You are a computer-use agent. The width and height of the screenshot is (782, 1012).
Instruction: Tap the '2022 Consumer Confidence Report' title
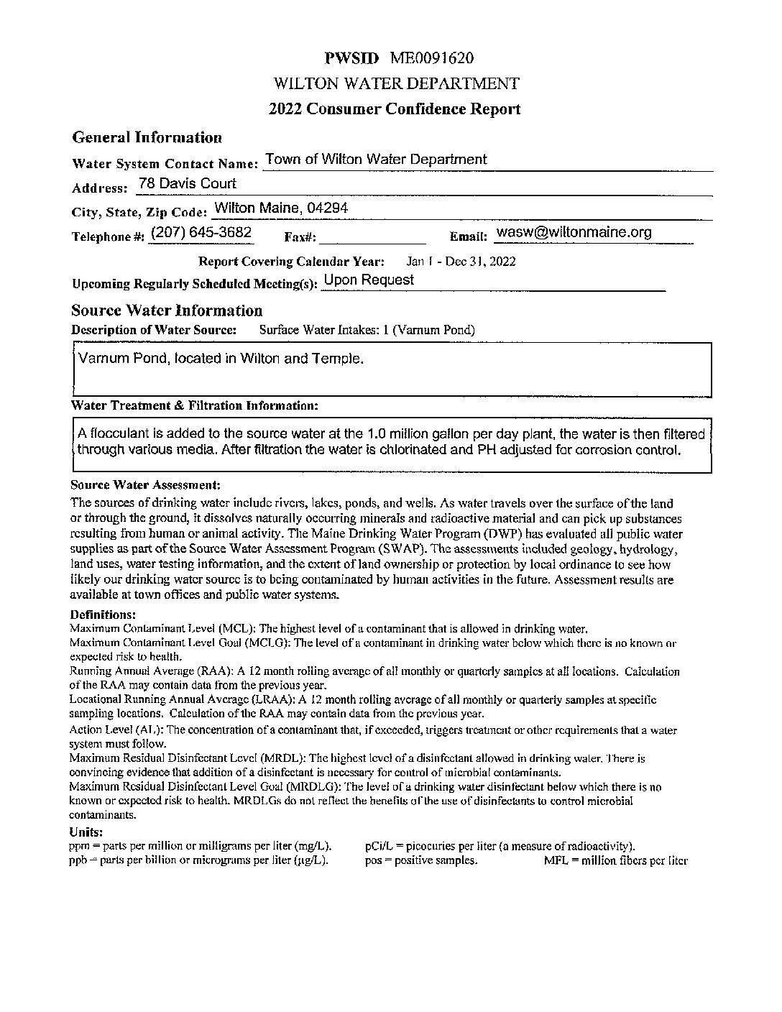pos(395,109)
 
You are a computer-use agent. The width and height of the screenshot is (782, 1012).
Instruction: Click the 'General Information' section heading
pos(147,137)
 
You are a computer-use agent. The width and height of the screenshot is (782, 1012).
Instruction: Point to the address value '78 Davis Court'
pos(187,184)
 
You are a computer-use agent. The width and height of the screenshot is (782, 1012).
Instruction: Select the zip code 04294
pos(327,208)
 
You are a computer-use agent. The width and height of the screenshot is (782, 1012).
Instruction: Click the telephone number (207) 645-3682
pos(201,233)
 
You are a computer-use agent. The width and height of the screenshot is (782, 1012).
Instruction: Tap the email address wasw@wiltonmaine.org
pos(574,233)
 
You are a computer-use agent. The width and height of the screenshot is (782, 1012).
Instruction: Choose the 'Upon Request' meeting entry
pos(369,280)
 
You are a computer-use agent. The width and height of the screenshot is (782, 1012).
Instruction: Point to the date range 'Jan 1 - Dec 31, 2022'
pos(461,262)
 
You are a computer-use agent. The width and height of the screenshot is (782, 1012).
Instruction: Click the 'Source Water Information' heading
pos(167,310)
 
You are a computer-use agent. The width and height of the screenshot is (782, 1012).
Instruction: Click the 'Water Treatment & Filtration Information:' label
pos(194,406)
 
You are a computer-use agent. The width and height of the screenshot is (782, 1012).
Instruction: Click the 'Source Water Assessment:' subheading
pos(145,486)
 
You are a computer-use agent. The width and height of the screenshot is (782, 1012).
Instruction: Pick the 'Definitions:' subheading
pos(103,615)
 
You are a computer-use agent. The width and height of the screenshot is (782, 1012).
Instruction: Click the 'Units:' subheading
pos(86,832)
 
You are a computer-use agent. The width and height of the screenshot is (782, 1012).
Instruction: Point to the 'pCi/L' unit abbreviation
pos(378,846)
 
